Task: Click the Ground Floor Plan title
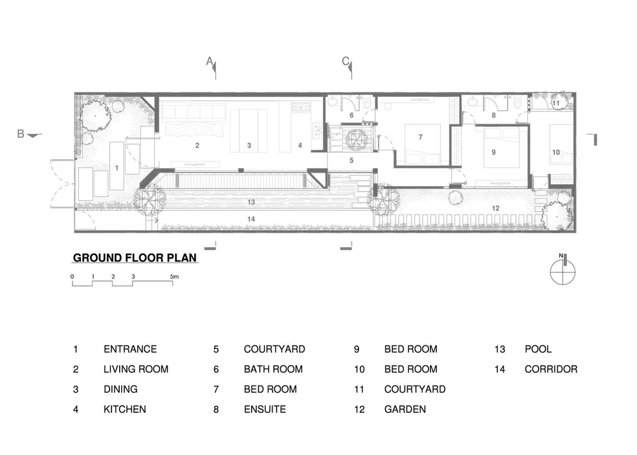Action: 135,257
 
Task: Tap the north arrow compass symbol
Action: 562,271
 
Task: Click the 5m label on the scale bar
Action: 175,277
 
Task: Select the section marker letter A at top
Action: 210,61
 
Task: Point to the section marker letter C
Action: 345,61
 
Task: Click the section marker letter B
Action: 21,134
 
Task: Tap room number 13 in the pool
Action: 251,202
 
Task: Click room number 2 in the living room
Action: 197,145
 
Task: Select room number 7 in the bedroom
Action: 420,137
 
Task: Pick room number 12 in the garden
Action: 496,208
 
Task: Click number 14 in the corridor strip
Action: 251,219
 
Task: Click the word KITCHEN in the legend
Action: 125,409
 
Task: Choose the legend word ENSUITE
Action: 265,409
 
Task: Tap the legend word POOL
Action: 538,349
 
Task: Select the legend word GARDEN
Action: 405,409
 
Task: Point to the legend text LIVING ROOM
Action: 136,369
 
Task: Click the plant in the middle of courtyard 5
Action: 356,138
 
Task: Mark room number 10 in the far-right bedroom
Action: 555,152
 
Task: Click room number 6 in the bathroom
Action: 352,115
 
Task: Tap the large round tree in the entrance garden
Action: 96,116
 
